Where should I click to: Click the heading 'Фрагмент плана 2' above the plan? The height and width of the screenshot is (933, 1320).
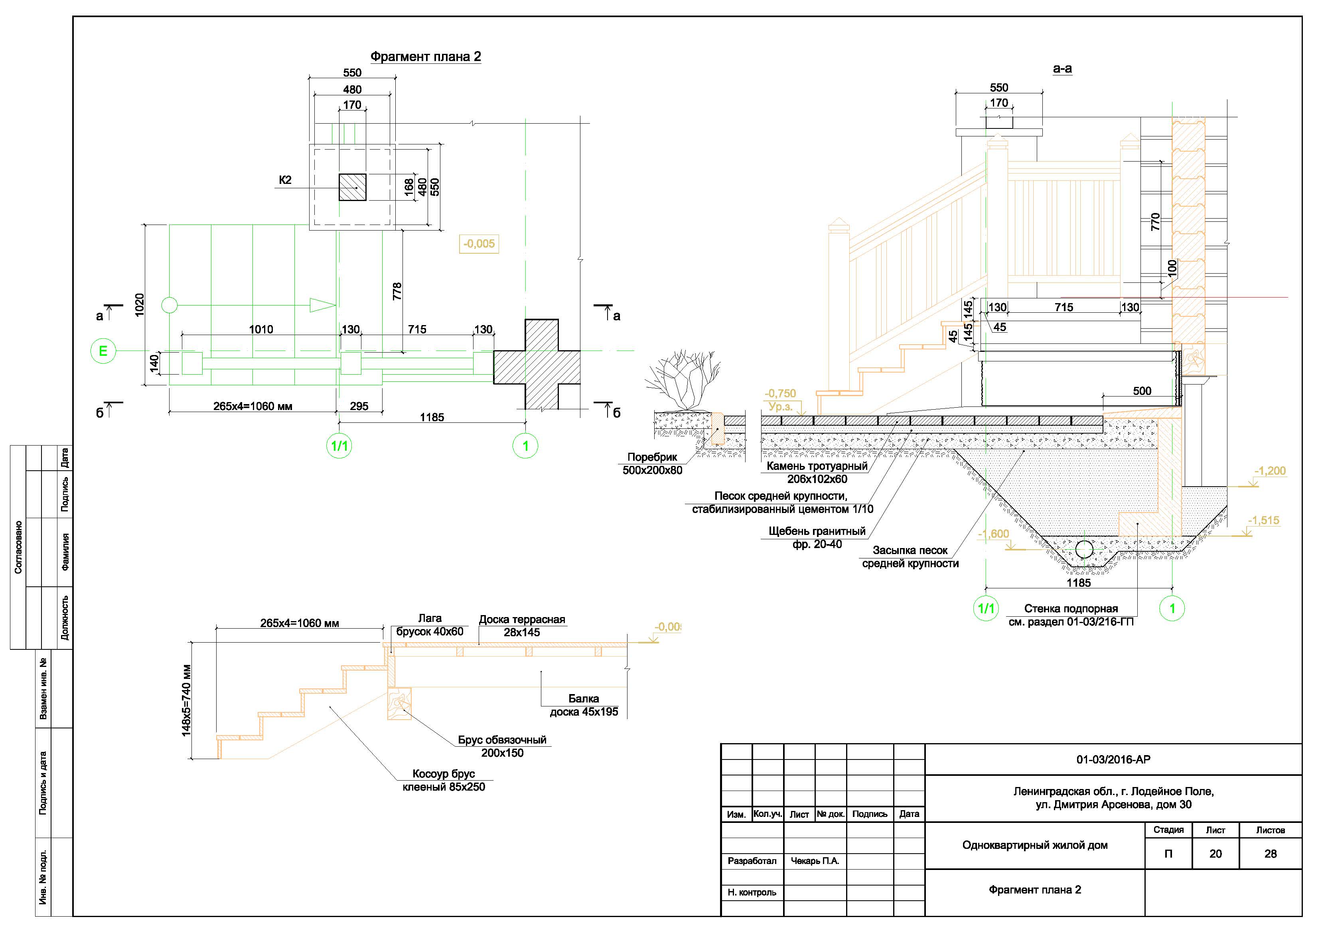coord(425,56)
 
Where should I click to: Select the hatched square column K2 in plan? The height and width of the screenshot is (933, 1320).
coord(352,187)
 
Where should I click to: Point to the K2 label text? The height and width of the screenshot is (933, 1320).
coord(285,180)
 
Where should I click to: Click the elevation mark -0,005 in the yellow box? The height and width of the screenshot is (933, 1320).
coord(479,244)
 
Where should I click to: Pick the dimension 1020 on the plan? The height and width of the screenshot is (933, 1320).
coord(139,305)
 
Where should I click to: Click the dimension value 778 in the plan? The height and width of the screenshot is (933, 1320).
coord(397,291)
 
